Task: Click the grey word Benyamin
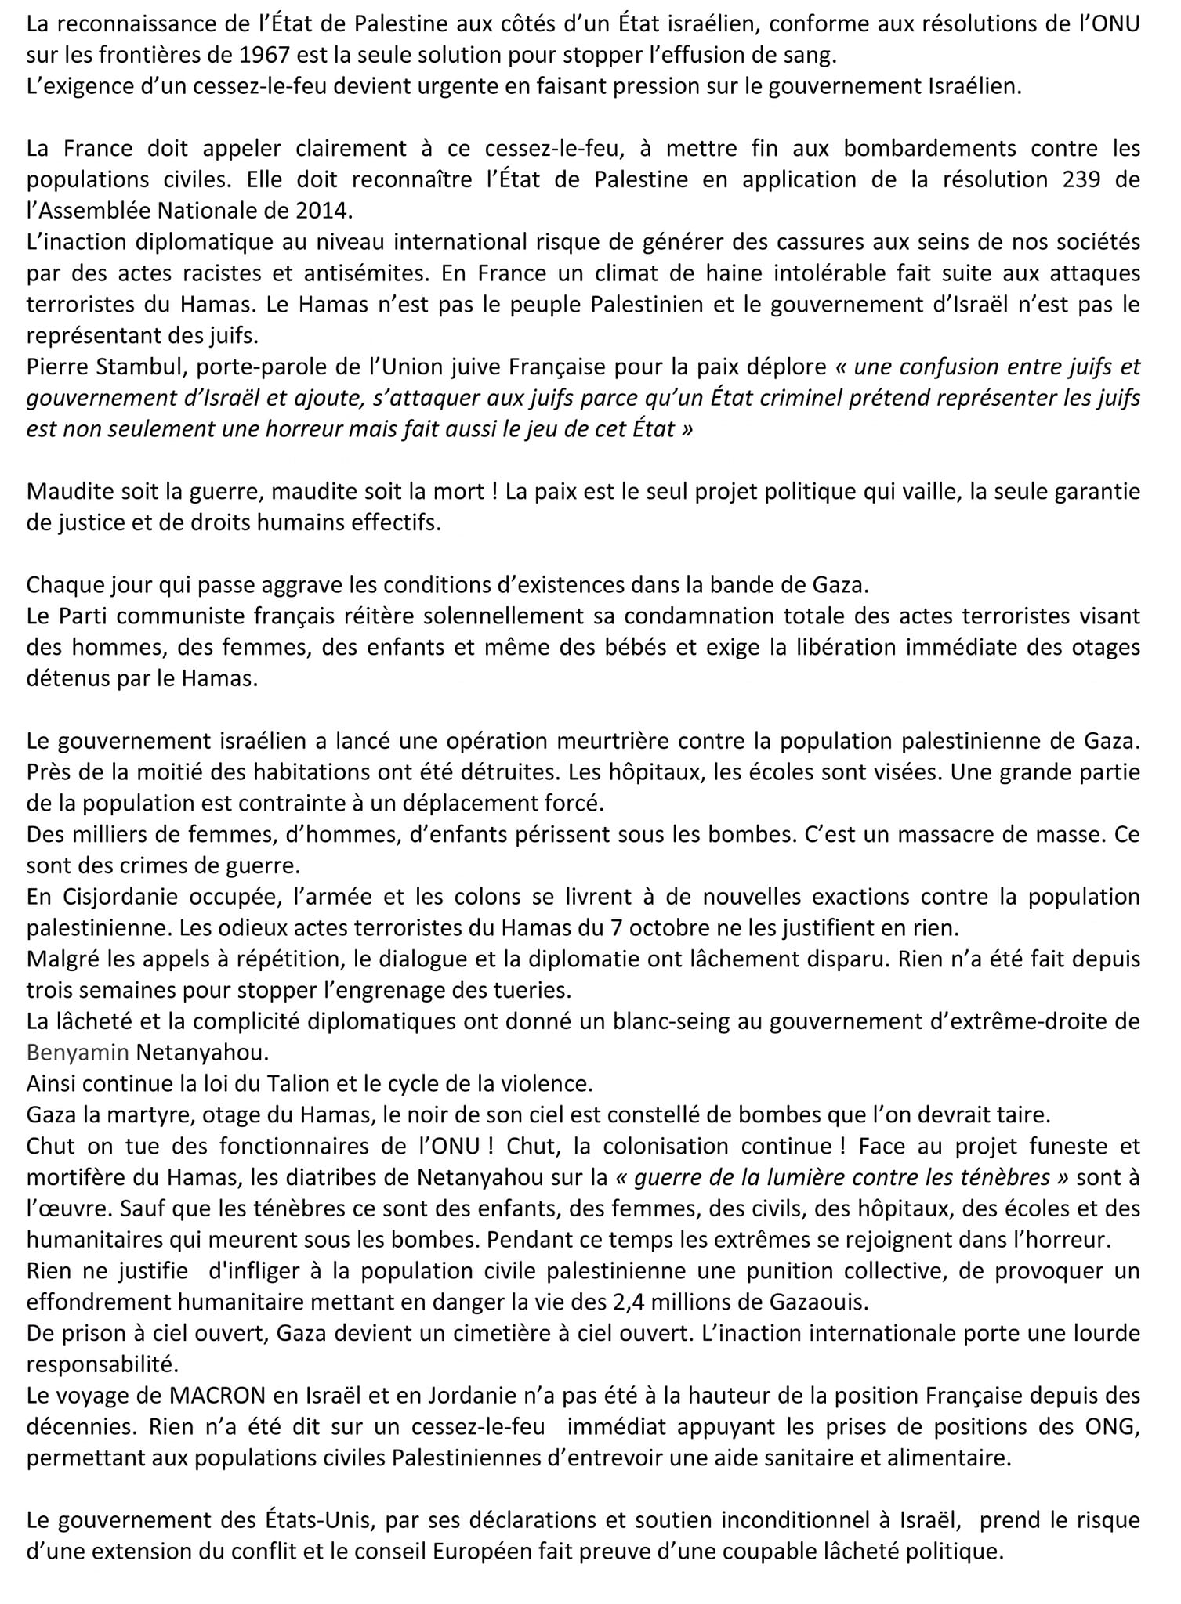point(77,1053)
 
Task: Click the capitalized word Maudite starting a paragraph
point(70,492)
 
